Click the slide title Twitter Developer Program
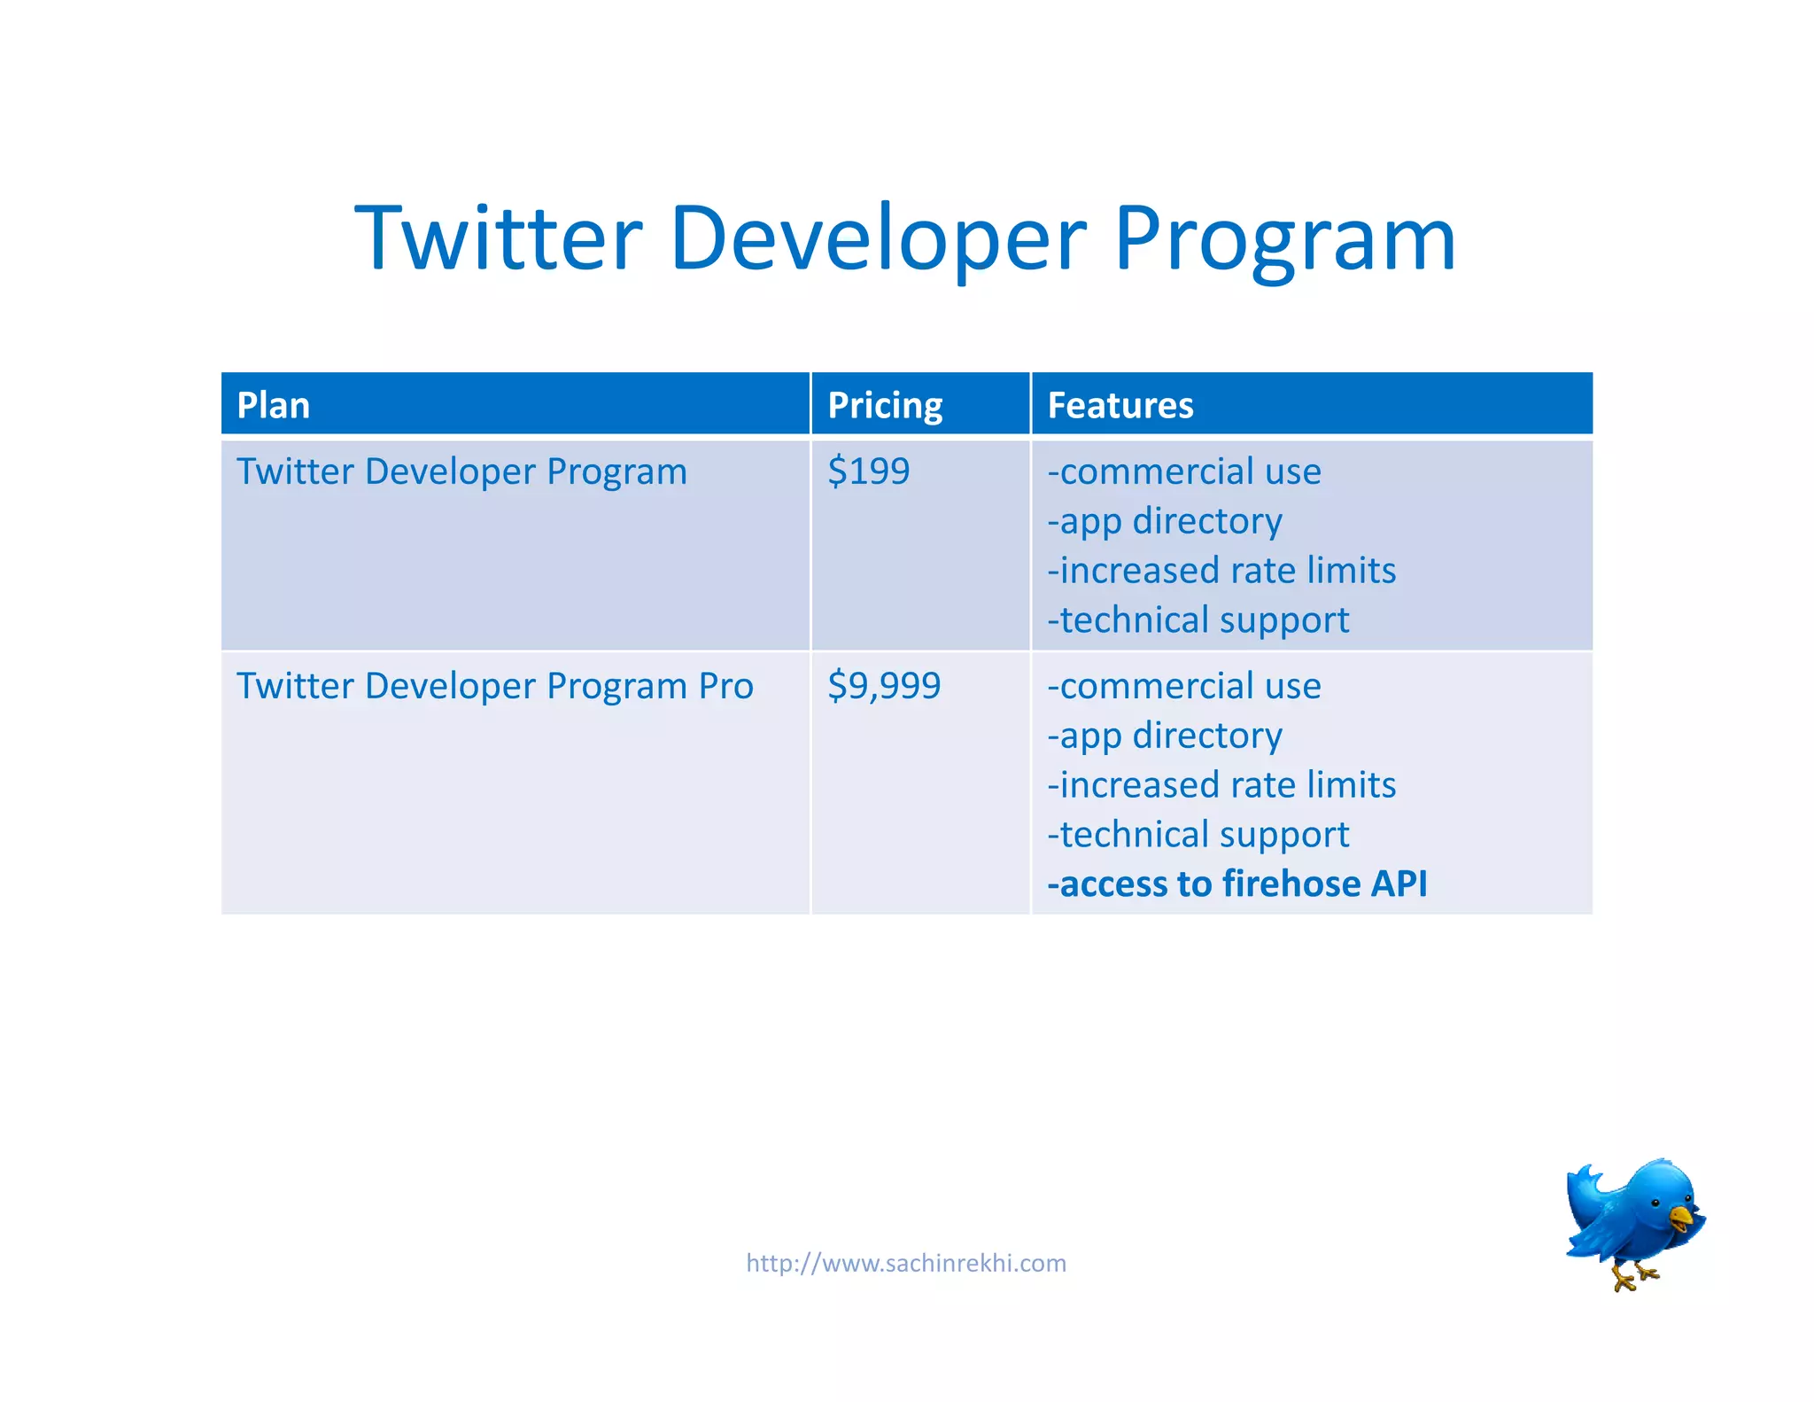[905, 238]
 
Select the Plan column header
[274, 406]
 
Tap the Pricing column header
[885, 406]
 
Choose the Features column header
[1120, 406]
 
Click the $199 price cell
[868, 471]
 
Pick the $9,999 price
[884, 686]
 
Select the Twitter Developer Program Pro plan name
[494, 686]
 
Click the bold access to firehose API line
[1236, 884]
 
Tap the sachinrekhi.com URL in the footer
[906, 1263]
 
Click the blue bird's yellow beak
[1680, 1217]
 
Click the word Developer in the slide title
[878, 238]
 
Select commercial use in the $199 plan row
[1184, 471]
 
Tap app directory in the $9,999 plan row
[1165, 736]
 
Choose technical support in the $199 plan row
[1198, 620]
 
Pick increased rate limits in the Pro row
[1221, 785]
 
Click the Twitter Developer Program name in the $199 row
[461, 471]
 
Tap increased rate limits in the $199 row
[1221, 571]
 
